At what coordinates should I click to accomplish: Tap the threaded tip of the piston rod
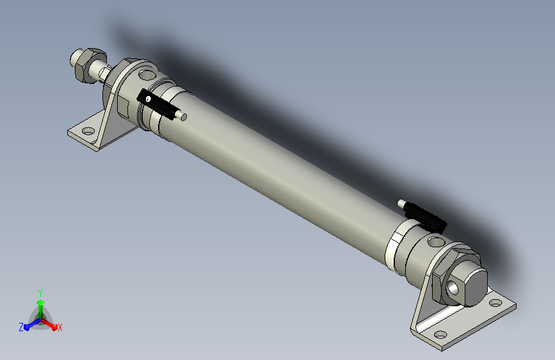pos(73,60)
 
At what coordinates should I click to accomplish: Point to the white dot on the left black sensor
pos(148,99)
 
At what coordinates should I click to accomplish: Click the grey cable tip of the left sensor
pos(183,117)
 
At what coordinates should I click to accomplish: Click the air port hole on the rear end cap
pos(435,242)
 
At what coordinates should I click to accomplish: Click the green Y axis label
pos(40,292)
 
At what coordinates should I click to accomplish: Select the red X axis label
pos(60,327)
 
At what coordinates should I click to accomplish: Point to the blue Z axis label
pos(21,327)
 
